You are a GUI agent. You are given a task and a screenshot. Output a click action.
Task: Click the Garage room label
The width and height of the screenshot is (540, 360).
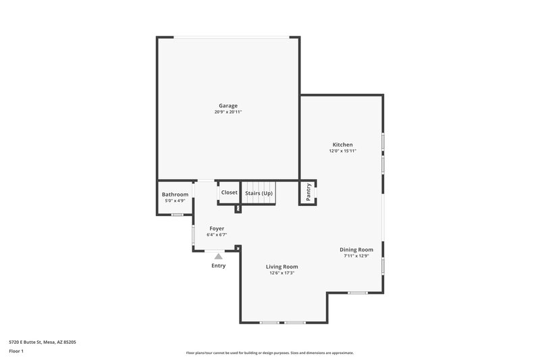point(227,105)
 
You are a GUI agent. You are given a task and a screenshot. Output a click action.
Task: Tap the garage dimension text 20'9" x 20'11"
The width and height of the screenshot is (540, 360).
point(227,112)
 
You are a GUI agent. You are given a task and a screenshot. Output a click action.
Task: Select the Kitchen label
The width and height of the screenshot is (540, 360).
point(342,145)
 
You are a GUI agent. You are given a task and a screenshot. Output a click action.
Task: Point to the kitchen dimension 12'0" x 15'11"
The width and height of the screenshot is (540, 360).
point(342,151)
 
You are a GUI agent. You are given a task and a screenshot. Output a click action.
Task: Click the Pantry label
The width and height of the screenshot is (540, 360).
point(308,192)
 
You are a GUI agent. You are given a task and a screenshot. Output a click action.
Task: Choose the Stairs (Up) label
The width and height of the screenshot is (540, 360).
point(259,192)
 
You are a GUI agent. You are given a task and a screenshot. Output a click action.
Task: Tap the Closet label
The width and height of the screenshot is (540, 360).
point(229,192)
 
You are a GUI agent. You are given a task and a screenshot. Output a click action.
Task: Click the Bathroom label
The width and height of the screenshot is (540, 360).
point(175,195)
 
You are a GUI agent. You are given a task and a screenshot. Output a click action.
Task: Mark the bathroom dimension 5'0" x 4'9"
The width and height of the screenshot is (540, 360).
point(175,201)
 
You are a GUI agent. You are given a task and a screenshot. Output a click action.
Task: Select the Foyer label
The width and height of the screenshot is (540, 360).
point(217,228)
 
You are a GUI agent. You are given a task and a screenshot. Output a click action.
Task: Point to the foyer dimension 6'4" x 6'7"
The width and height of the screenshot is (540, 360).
point(217,235)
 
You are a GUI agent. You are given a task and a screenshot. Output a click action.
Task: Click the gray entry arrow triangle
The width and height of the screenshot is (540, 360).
point(218,256)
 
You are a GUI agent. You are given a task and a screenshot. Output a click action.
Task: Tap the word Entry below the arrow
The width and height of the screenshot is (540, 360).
point(218,265)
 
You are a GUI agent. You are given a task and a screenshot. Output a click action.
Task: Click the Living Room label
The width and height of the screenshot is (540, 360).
point(283,267)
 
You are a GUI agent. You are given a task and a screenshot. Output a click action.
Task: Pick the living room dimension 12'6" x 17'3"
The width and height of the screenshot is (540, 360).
point(283,274)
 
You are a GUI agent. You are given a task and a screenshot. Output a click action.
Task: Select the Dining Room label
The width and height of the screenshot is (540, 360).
point(356,249)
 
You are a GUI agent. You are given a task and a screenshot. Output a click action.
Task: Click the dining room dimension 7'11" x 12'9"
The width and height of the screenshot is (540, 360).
point(356,256)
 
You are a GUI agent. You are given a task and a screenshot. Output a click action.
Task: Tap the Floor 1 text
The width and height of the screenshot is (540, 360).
point(16,352)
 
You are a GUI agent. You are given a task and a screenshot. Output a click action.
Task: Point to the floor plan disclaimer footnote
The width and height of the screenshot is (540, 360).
point(269,353)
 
